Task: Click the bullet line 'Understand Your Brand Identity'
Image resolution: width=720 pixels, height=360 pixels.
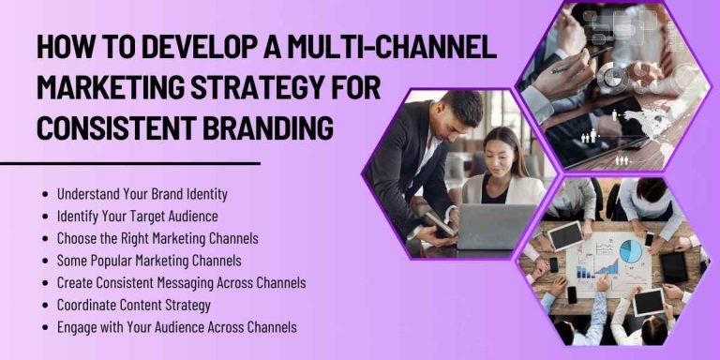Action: [x=142, y=195]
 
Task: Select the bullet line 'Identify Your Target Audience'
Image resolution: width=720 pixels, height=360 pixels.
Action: [x=136, y=217]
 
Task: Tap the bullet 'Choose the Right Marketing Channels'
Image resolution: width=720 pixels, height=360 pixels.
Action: [x=157, y=238]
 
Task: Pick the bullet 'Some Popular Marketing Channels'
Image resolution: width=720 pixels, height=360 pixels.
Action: [x=148, y=261]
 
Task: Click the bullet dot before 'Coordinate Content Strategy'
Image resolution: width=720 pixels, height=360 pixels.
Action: [x=46, y=305]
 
